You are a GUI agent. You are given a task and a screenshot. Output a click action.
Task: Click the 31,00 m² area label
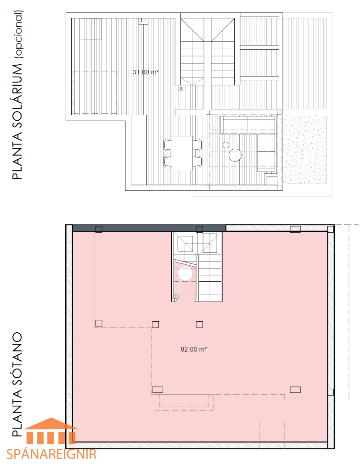pyautogui.click(x=146, y=72)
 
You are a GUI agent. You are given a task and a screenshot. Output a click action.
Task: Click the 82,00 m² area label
pyautogui.click(x=194, y=349)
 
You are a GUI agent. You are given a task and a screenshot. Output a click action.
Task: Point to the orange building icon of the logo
pyautogui.click(x=51, y=431)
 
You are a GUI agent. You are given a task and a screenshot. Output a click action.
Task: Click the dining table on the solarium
pyautogui.click(x=182, y=153)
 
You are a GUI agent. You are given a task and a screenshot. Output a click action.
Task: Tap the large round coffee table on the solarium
pyautogui.click(x=235, y=155)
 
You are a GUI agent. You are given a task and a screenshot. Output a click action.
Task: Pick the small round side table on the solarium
pyautogui.click(x=226, y=145)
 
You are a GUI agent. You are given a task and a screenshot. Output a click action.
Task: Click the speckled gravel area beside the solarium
pyautogui.click(x=304, y=150)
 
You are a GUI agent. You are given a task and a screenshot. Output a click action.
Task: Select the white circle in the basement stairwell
pyautogui.click(x=185, y=274)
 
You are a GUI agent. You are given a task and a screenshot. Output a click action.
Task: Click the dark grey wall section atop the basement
pyautogui.click(x=149, y=228)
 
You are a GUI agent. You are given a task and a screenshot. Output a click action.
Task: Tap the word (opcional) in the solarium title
pyautogui.click(x=18, y=34)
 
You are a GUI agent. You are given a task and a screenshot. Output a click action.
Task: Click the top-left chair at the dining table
pyautogui.click(x=168, y=145)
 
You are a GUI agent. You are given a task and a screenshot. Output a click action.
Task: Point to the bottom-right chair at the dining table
pyautogui.click(x=197, y=161)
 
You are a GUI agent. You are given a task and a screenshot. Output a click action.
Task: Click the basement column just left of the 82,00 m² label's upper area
pyautogui.click(x=155, y=324)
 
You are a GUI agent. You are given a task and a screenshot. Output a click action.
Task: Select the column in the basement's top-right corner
pyautogui.click(x=331, y=229)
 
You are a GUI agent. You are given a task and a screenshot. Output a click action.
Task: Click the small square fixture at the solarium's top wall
pyautogui.click(x=144, y=21)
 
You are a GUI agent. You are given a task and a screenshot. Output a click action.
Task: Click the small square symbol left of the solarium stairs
pyautogui.click(x=181, y=89)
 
